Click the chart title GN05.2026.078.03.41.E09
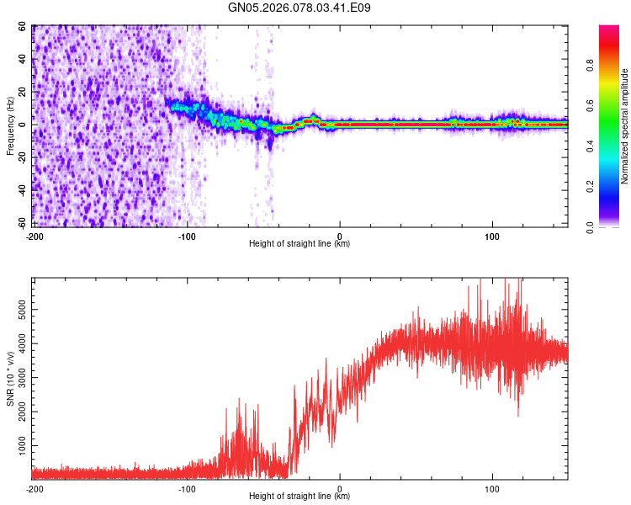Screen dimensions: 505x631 pos(300,8)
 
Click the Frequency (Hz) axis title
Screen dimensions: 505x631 pos(10,125)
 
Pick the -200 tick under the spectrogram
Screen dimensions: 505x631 pos(34,235)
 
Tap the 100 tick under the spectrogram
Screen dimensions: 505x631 pos(492,235)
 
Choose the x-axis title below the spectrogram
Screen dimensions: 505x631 pos(300,243)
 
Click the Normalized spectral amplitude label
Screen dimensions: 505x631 pos(624,126)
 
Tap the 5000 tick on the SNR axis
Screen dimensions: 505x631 pos(20,311)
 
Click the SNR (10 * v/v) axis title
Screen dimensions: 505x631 pos(10,379)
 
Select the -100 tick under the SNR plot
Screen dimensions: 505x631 pos(187,488)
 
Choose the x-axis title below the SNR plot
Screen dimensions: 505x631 pos(300,497)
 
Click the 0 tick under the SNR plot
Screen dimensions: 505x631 pos(340,488)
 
